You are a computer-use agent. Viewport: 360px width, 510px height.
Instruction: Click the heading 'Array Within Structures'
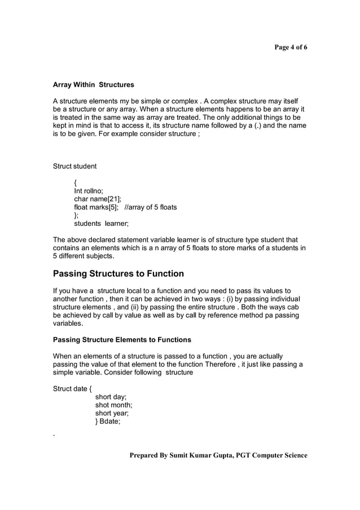coord(93,85)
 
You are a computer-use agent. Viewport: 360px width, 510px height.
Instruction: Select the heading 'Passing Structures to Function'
coord(118,274)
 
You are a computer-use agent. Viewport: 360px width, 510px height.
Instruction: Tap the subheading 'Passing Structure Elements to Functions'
coord(122,340)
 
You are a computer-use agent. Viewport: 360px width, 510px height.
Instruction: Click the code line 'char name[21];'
coord(98,199)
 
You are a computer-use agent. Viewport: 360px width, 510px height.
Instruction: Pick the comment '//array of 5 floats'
coord(150,207)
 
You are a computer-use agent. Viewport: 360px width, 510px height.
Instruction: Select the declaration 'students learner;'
coord(102,224)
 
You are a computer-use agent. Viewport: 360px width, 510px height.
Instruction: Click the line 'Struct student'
coord(74,166)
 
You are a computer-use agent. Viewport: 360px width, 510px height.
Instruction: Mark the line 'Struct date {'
coord(74,389)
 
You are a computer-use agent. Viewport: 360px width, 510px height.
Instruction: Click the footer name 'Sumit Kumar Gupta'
coord(195,455)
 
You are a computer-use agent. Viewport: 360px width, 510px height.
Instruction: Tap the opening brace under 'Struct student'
coord(76,182)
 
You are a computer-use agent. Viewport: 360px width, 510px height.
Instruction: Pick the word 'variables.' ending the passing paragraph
coord(68,324)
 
